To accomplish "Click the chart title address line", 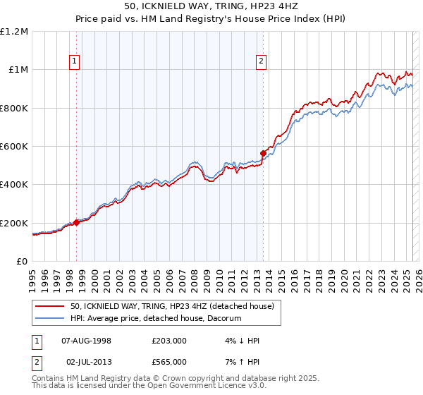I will pos(211,6).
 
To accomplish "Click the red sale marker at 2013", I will pos(263,153).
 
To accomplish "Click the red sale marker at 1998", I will pos(77,222).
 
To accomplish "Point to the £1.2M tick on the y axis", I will pos(15,32).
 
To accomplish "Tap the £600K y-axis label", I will pos(15,147).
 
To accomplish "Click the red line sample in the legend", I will pos(51,307).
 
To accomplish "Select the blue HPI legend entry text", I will pos(156,319).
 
